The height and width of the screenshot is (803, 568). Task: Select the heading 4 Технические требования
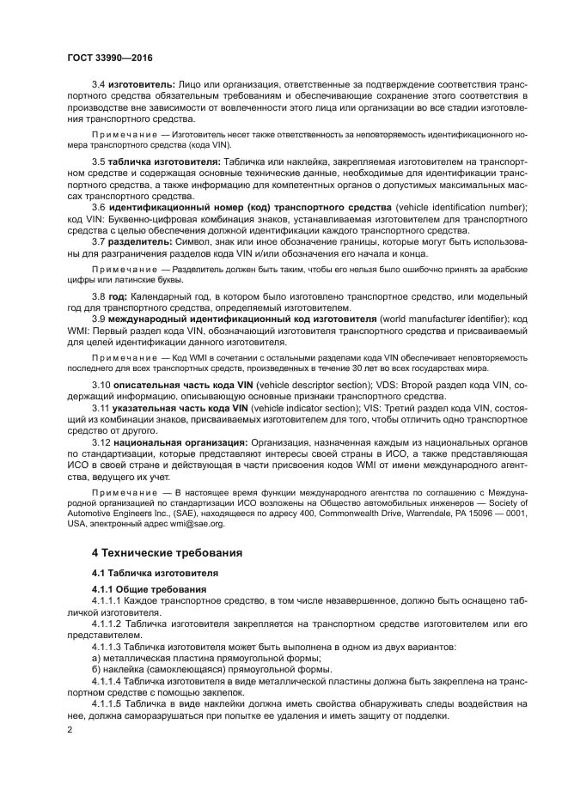tap(168, 551)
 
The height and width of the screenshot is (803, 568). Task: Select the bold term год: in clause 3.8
tap(117, 296)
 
